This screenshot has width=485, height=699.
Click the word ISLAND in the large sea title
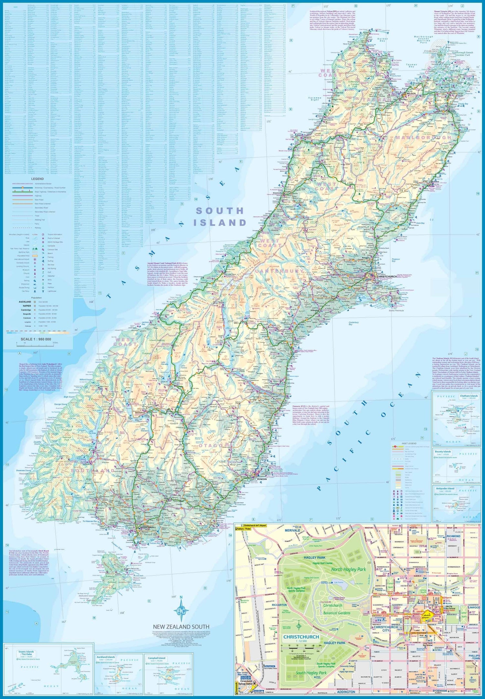[x=220, y=223]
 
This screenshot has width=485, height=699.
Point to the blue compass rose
[x=181, y=609]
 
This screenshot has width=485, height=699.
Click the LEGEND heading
[x=37, y=179]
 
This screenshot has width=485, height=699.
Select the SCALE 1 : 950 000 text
[x=36, y=339]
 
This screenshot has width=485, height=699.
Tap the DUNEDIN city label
[x=262, y=479]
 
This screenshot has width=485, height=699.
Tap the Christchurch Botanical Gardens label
[x=337, y=609]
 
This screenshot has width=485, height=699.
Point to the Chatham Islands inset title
[x=469, y=396]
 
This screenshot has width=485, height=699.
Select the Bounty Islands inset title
[x=443, y=452]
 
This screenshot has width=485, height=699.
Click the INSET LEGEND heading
[x=409, y=443]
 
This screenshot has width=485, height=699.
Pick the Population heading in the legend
[x=36, y=297]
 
